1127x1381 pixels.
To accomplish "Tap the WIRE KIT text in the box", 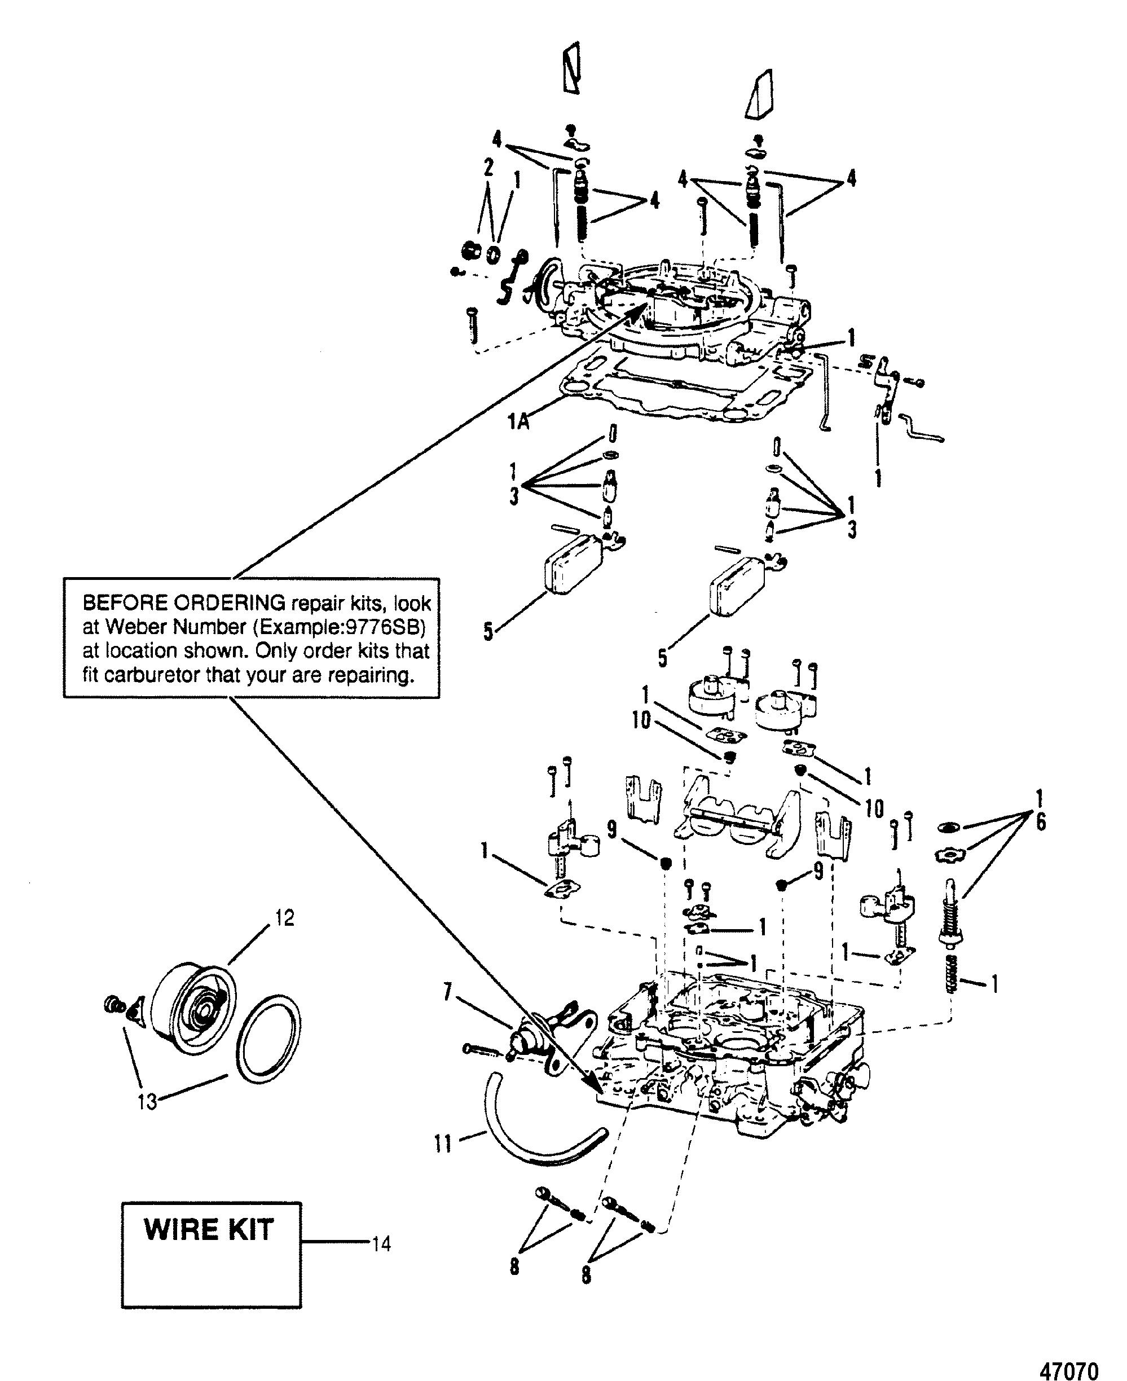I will pyautogui.click(x=209, y=1230).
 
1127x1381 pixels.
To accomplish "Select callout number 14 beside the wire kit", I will pyautogui.click(x=381, y=1244).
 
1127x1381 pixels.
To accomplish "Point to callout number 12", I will pyautogui.click(x=284, y=917).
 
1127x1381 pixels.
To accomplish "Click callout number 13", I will pyautogui.click(x=147, y=1101).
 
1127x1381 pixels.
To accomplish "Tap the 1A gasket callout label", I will pyautogui.click(x=517, y=422).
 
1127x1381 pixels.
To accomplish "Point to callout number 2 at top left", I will pyautogui.click(x=487, y=168).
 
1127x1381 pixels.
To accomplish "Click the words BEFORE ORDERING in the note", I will pyautogui.click(x=184, y=602).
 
